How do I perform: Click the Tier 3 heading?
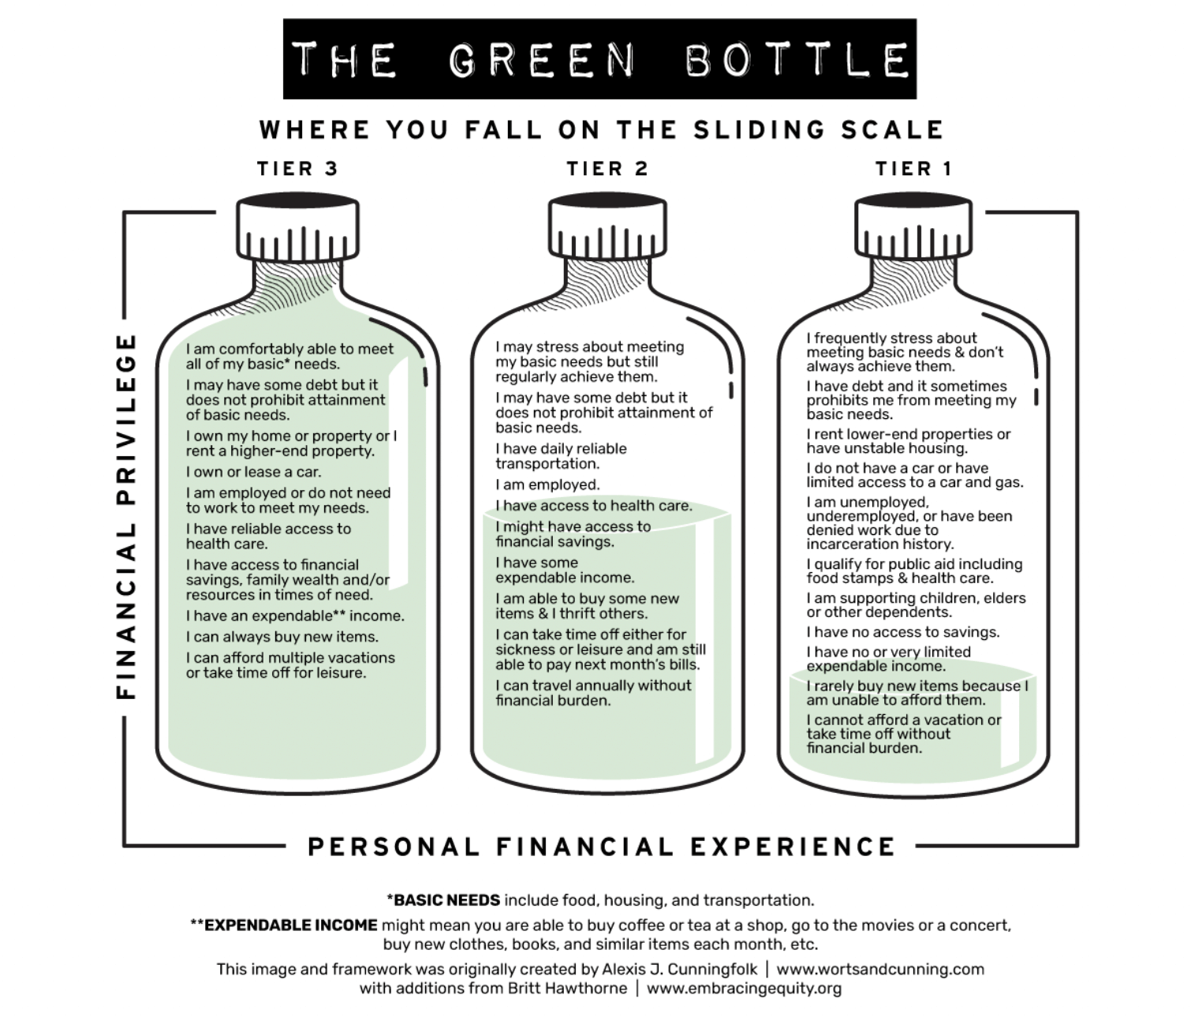[x=297, y=169]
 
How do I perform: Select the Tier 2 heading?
[x=607, y=169]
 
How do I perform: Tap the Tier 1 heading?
[x=913, y=169]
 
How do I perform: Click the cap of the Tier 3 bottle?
[x=298, y=229]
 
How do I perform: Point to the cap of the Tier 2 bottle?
[x=607, y=229]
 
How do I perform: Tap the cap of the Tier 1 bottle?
[x=913, y=229]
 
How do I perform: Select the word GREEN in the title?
[x=543, y=61]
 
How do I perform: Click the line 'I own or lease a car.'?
[x=253, y=472]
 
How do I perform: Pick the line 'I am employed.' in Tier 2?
[x=547, y=484]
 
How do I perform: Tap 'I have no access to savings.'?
[x=902, y=632]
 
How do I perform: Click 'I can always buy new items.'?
[x=282, y=637]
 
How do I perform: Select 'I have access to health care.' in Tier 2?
[x=593, y=506]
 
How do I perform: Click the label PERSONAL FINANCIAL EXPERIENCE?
[x=601, y=847]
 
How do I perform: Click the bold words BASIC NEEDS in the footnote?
[x=446, y=900]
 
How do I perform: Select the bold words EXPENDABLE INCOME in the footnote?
[x=289, y=926]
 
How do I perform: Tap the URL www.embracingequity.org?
[x=744, y=988]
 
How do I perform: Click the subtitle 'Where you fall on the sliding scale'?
[x=601, y=130]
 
